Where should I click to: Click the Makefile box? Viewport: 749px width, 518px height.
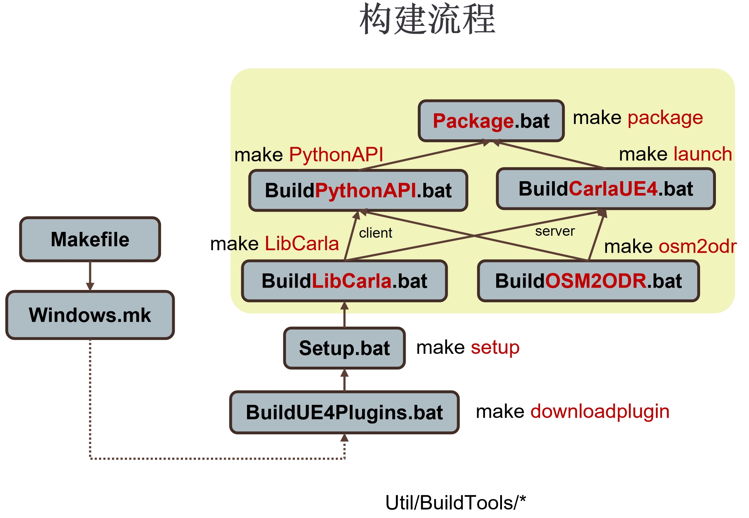pos(90,239)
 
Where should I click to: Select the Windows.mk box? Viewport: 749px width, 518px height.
pos(90,315)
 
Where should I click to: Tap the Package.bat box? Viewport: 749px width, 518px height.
pos(491,121)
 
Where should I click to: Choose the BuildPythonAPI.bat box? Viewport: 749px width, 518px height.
pos(358,190)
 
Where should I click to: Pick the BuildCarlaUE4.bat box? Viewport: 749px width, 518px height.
pos(606,189)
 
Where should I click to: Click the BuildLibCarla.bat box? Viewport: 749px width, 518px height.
pos(344,281)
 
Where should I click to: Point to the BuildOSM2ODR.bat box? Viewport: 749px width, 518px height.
pos(588,281)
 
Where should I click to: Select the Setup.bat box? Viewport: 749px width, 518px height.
pos(344,348)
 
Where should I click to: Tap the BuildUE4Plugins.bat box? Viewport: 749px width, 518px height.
pos(344,412)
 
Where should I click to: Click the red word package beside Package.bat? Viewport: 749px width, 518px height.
pos(665,118)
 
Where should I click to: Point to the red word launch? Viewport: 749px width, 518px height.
pos(703,154)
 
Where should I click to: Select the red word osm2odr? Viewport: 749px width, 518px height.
pos(698,247)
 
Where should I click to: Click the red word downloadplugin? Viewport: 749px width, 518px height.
pos(600,411)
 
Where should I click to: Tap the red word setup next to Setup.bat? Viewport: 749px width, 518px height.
pos(495,348)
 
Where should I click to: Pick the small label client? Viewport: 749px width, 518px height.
pos(375,233)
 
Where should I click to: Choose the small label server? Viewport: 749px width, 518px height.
pos(555,231)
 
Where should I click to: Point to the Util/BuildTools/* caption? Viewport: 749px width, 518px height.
pos(455,503)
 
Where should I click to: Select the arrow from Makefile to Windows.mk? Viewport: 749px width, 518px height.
pos(90,276)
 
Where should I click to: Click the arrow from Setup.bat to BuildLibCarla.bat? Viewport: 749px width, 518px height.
pos(344,315)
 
